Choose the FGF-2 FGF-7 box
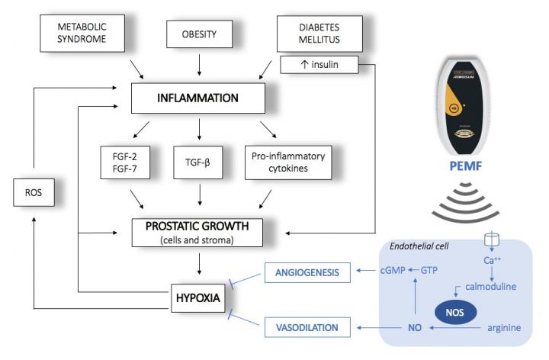(124, 162)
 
